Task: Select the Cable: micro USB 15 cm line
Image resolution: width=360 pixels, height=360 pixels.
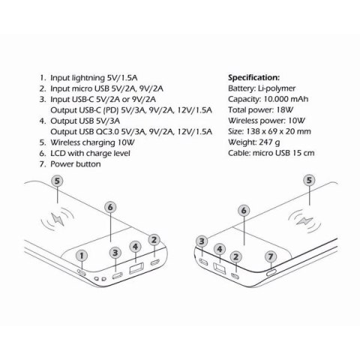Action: click(x=271, y=152)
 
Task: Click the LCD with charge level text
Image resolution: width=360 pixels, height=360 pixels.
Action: click(x=90, y=152)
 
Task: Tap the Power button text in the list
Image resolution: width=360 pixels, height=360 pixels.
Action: click(x=75, y=163)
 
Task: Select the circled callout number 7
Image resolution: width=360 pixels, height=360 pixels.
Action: click(x=270, y=256)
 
